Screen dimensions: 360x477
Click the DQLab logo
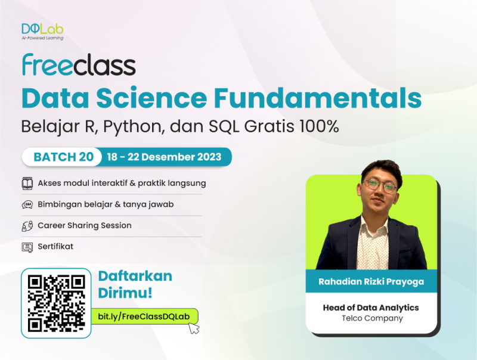42,30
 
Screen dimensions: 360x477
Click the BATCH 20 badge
63,157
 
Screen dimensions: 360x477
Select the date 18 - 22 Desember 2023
164,157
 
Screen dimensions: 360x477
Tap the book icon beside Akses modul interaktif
27,183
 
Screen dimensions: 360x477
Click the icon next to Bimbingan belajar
27,204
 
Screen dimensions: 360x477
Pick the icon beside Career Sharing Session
27,226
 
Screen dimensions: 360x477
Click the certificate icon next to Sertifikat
27,247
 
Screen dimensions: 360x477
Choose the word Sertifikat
55,246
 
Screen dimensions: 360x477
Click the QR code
57,303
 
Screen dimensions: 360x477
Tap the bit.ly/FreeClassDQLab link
143,316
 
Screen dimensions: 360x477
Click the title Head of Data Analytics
370,308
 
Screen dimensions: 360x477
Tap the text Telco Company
370,318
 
